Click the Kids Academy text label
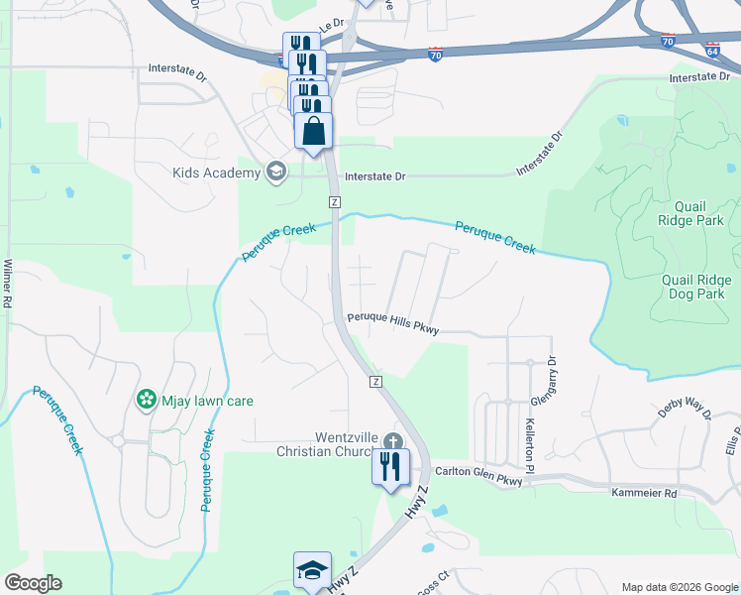(x=215, y=174)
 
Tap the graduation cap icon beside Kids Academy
(x=276, y=174)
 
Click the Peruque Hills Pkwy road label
(x=392, y=319)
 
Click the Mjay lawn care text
(x=207, y=402)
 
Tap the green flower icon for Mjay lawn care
(x=147, y=400)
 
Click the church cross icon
(x=393, y=442)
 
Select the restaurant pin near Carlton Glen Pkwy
(x=390, y=466)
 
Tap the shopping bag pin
(x=314, y=132)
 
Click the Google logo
(x=33, y=583)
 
